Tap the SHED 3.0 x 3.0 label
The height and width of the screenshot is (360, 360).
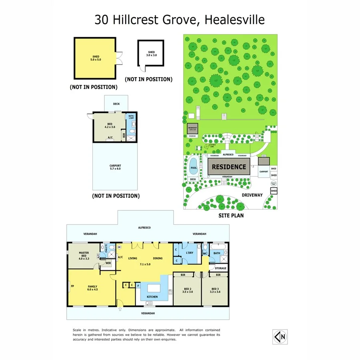tap(151, 54)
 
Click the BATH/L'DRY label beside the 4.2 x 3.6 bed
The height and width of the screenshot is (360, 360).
tap(130, 118)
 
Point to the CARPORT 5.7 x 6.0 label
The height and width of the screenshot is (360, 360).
tap(115, 167)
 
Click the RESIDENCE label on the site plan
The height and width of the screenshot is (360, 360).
tap(229, 166)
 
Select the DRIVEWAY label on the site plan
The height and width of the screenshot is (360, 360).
tap(252, 195)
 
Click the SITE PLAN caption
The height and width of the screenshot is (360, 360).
tap(231, 215)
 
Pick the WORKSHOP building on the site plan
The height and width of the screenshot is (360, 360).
tap(192, 128)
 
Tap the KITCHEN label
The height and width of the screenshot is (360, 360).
tap(152, 297)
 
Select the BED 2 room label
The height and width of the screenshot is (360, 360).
tap(187, 290)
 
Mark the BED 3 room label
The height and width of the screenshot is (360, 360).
tap(215, 290)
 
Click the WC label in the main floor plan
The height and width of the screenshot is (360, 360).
tap(205, 253)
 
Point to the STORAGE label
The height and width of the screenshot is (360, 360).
tap(220, 268)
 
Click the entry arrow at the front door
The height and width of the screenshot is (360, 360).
tap(120, 309)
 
